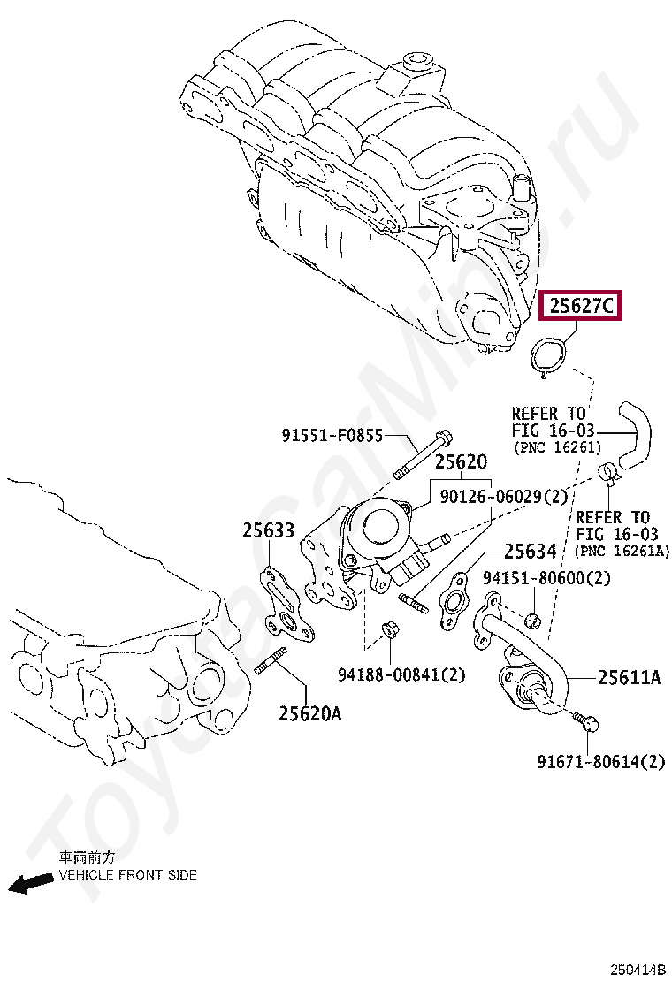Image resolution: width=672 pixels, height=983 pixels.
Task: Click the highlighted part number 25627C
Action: pos(581,306)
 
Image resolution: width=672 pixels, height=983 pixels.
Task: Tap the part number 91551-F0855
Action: pos(332,435)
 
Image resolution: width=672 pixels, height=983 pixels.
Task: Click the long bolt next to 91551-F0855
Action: pos(421,455)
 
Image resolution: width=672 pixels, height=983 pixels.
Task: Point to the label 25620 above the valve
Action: pos(460,462)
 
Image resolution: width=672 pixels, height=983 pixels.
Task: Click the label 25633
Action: pos(268,530)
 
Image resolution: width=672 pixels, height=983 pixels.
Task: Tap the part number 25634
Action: pos(531,552)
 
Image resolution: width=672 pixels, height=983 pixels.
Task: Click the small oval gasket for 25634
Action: pos(456,602)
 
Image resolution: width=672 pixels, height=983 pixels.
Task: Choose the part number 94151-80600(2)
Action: pos(546,578)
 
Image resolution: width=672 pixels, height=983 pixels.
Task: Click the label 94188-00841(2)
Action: pos(401,674)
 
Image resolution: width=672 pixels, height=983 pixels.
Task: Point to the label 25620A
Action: pos(309,713)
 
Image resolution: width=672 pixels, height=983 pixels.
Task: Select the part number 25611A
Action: pos(629,677)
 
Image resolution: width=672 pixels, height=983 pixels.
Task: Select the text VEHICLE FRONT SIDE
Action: pos(128,875)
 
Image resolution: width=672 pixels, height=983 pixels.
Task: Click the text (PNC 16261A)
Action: pos(622,552)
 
